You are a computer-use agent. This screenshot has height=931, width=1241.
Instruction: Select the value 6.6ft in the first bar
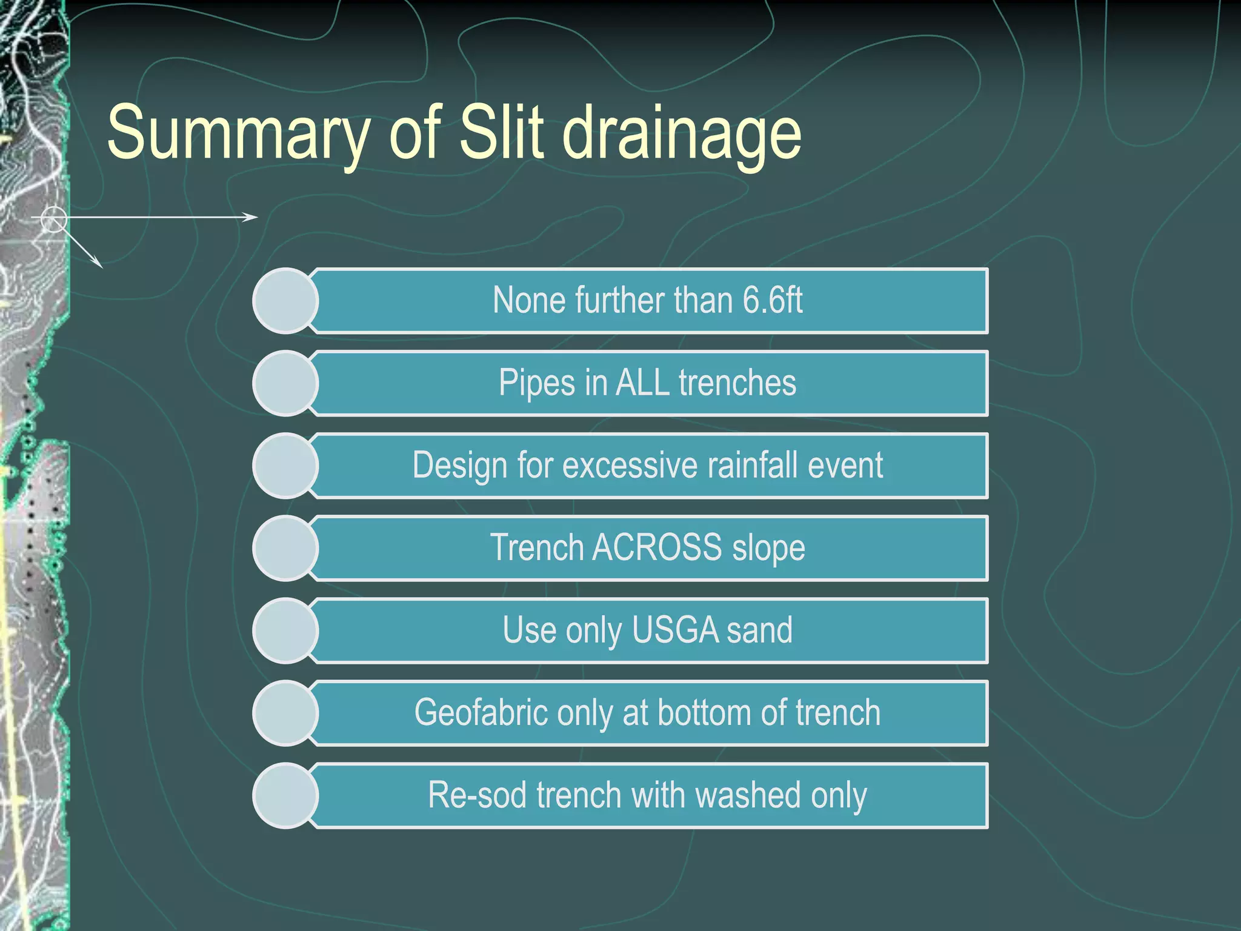tap(773, 300)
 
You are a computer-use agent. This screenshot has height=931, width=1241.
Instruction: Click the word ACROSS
tap(657, 547)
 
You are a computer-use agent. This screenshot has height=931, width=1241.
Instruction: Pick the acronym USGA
tap(674, 630)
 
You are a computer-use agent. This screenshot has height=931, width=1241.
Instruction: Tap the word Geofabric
tap(481, 712)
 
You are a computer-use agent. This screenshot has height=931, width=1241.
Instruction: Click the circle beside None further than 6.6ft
tap(285, 301)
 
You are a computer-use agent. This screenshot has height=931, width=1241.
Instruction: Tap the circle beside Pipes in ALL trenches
tap(285, 383)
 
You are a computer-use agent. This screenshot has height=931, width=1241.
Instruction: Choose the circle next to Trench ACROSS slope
tap(285, 548)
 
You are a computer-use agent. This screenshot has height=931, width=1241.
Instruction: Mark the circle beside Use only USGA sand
tap(285, 630)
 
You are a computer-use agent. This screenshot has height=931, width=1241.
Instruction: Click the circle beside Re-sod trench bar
tap(285, 795)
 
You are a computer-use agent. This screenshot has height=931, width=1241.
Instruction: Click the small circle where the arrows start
tap(54, 218)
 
